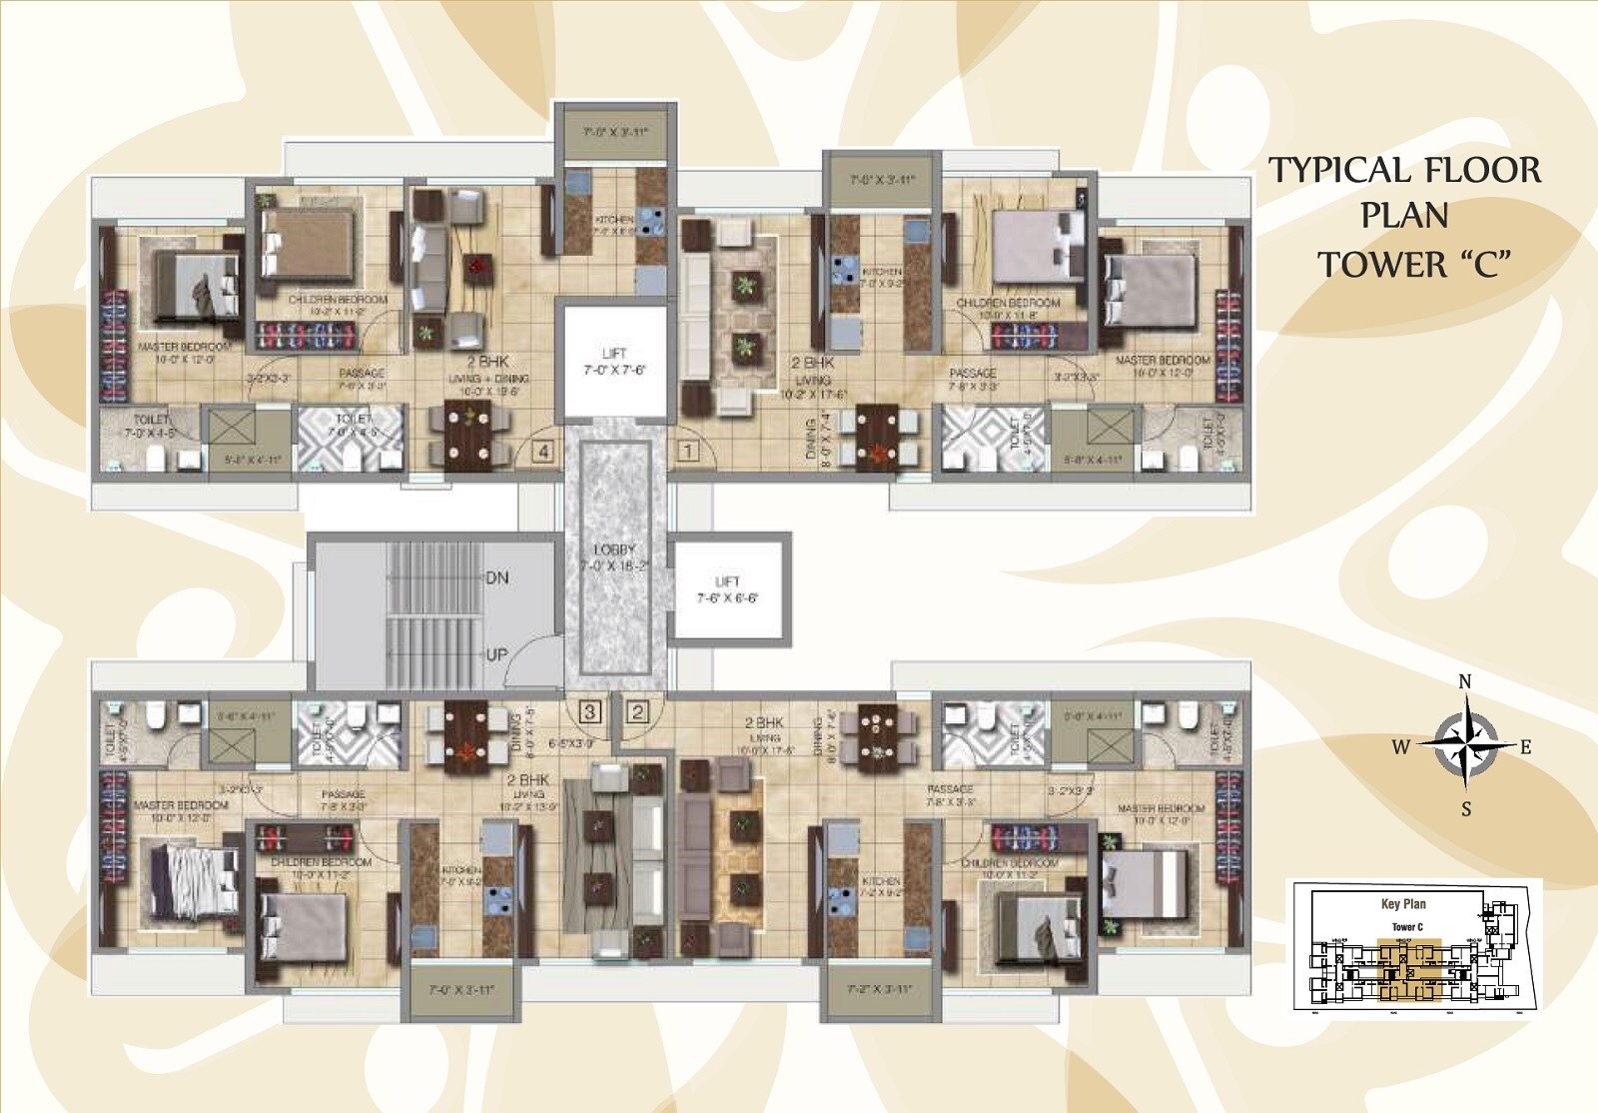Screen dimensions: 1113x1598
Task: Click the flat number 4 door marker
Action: [x=542, y=452]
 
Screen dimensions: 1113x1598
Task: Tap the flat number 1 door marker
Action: [x=687, y=452]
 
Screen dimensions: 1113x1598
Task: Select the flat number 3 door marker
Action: [x=590, y=711]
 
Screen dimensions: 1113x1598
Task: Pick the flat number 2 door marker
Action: [x=637, y=711]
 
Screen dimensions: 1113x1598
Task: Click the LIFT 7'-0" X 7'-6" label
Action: [x=614, y=362]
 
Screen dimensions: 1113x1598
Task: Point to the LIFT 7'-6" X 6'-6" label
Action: [x=727, y=589]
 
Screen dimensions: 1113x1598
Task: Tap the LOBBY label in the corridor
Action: [x=614, y=550]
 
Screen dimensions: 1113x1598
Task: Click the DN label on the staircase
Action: [x=496, y=577]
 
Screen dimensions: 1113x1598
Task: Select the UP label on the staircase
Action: [x=496, y=655]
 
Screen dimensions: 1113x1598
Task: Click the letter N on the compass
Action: [x=1465, y=682]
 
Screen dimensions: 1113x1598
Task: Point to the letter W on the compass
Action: [x=1401, y=747]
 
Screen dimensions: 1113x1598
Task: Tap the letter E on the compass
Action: [x=1525, y=747]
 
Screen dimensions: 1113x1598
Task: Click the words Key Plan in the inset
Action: [x=1403, y=904]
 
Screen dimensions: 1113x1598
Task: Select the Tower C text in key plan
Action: [x=1407, y=927]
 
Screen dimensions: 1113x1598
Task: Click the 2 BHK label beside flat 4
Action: [x=488, y=362]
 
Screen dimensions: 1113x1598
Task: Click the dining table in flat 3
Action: [x=465, y=733]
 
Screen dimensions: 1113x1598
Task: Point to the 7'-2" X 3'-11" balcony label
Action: [x=880, y=990]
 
